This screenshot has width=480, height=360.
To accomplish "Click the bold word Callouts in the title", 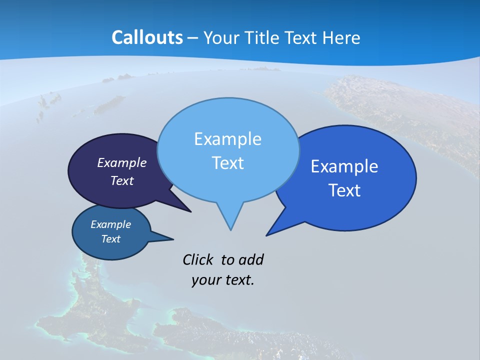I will tap(147, 37).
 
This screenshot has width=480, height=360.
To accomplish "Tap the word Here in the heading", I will tap(342, 37).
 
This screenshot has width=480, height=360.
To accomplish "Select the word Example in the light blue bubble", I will tap(227, 139).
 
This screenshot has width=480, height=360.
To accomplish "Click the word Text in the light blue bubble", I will tap(227, 163).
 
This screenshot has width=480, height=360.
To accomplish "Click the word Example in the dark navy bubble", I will tap(122, 162).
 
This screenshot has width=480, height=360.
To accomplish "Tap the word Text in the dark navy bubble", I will tap(122, 180).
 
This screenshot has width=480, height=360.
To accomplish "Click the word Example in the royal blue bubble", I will tap(344, 166).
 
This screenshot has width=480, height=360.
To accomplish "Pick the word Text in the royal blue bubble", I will tap(344, 190).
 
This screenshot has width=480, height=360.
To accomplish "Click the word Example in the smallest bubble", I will tap(110, 224).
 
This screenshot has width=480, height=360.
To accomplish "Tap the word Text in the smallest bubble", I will tap(110, 239).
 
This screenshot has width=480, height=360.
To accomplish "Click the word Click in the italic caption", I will tap(198, 259).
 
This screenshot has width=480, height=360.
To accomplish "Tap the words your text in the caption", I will tap(223, 280).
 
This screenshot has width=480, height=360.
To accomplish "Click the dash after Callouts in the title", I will tap(193, 38).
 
